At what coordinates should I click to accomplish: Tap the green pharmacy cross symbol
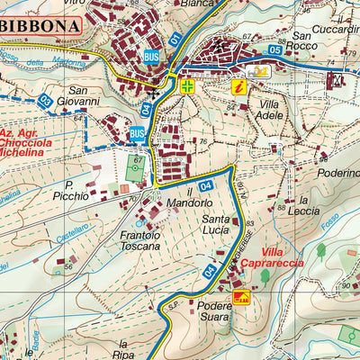tap(187, 87)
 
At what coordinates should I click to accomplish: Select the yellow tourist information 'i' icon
tap(238, 86)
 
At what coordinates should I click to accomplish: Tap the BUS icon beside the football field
tap(137, 134)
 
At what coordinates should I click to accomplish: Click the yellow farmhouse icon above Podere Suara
tap(240, 296)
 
